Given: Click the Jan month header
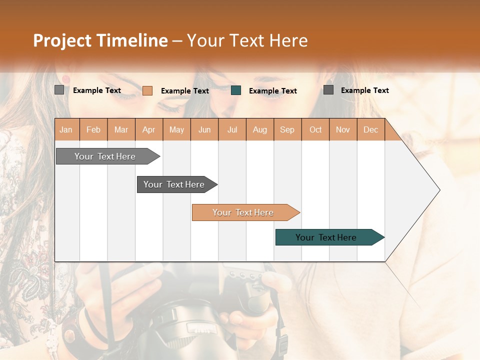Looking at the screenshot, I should pyautogui.click(x=66, y=129).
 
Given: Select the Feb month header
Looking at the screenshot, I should pyautogui.click(x=93, y=129).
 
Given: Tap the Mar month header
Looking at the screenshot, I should pyautogui.click(x=121, y=129).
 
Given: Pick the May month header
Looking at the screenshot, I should pyautogui.click(x=176, y=129).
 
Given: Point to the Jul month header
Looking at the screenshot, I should pyautogui.click(x=232, y=129).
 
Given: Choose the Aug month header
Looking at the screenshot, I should pyautogui.click(x=260, y=129).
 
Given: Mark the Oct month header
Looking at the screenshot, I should pyautogui.click(x=315, y=129).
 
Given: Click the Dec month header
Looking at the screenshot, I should pyautogui.click(x=370, y=129).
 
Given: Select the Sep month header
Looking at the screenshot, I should pyautogui.click(x=287, y=129).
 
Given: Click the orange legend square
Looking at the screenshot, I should pyautogui.click(x=147, y=90).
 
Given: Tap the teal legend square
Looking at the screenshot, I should pyautogui.click(x=236, y=90).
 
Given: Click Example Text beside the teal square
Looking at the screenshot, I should pyautogui.click(x=273, y=91).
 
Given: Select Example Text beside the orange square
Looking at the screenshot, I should pyautogui.click(x=185, y=91).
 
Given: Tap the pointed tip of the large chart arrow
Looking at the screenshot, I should pyautogui.click(x=438, y=190).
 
